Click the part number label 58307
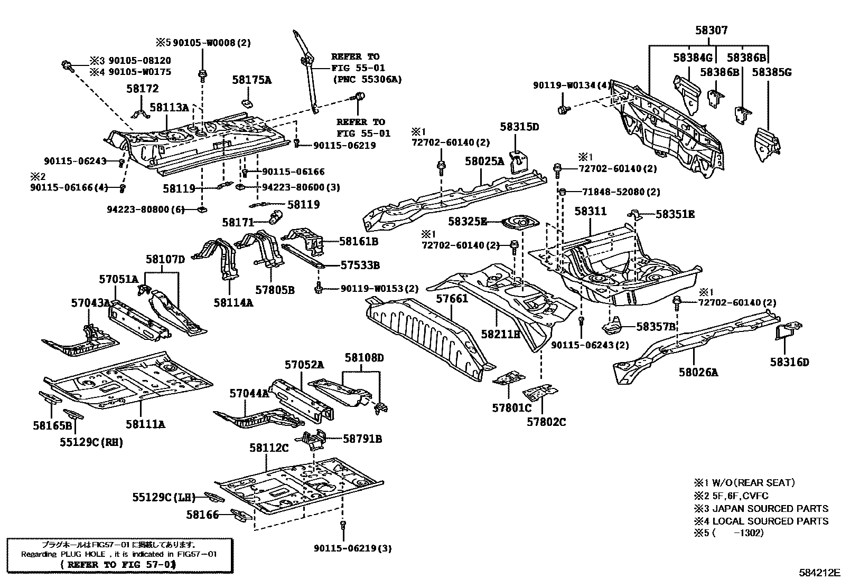(x=711, y=31)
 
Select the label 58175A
(x=251, y=80)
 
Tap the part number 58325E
(x=468, y=222)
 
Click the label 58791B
(x=362, y=439)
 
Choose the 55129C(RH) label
(x=91, y=442)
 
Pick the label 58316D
(x=789, y=362)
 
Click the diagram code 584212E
(x=819, y=572)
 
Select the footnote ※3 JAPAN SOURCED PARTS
(x=761, y=509)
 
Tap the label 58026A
(x=698, y=373)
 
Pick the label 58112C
(x=269, y=448)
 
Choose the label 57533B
(x=360, y=265)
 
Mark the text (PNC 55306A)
(x=367, y=79)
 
